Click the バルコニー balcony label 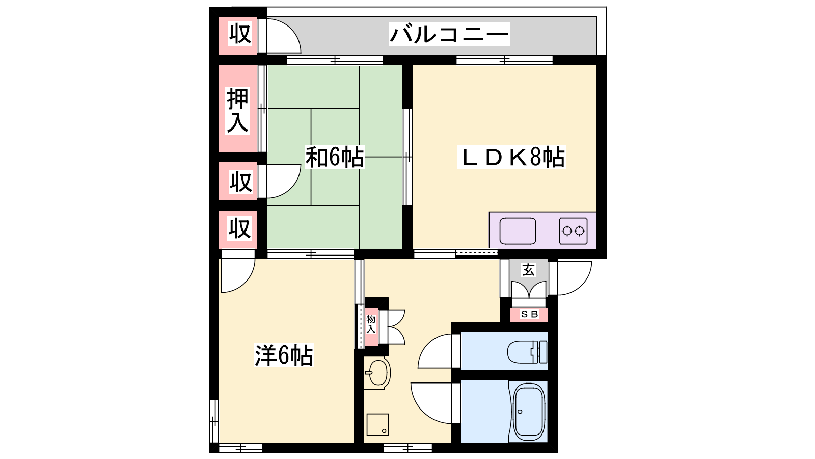pyautogui.click(x=449, y=34)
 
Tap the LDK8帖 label pyautogui.click(x=511, y=158)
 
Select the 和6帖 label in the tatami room pyautogui.click(x=334, y=157)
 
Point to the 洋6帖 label pyautogui.click(x=283, y=355)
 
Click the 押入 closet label pyautogui.click(x=237, y=111)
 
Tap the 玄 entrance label pyautogui.click(x=528, y=270)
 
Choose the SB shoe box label pyautogui.click(x=529, y=314)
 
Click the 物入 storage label pyautogui.click(x=371, y=324)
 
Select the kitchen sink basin pyautogui.click(x=518, y=231)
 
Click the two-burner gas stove pyautogui.click(x=573, y=231)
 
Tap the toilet pyautogui.click(x=527, y=352)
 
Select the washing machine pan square pyautogui.click(x=377, y=424)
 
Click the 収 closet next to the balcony pyautogui.click(x=240, y=34)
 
